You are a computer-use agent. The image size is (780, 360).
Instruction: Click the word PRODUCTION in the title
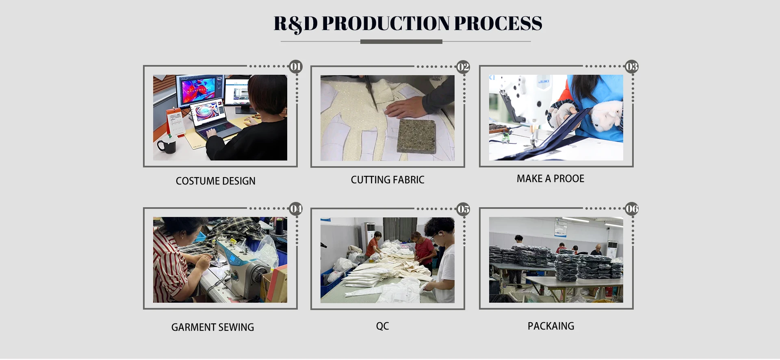(x=386, y=24)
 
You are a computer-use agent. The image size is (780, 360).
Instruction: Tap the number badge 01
(x=295, y=67)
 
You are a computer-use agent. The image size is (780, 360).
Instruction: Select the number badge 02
(x=463, y=67)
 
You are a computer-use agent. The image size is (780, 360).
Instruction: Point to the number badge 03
(x=631, y=67)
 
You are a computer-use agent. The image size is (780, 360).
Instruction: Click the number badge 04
(x=296, y=209)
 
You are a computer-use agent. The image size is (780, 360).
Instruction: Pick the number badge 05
(x=463, y=209)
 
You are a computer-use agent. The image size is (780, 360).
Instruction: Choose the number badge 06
(x=632, y=209)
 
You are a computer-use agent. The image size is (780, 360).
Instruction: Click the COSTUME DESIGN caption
(x=215, y=181)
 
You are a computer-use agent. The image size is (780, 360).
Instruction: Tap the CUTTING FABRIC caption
(x=387, y=180)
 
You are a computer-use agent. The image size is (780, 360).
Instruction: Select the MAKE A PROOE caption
(x=550, y=179)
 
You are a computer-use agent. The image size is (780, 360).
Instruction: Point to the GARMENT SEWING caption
(x=212, y=327)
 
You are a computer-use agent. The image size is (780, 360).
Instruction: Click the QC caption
(x=382, y=326)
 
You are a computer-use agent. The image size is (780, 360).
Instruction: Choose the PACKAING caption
(x=550, y=326)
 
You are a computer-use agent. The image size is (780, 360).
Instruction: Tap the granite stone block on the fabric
(x=416, y=136)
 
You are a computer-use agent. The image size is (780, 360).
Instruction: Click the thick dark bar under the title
(x=401, y=42)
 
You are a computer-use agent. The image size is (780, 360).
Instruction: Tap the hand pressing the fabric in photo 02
(x=404, y=108)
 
